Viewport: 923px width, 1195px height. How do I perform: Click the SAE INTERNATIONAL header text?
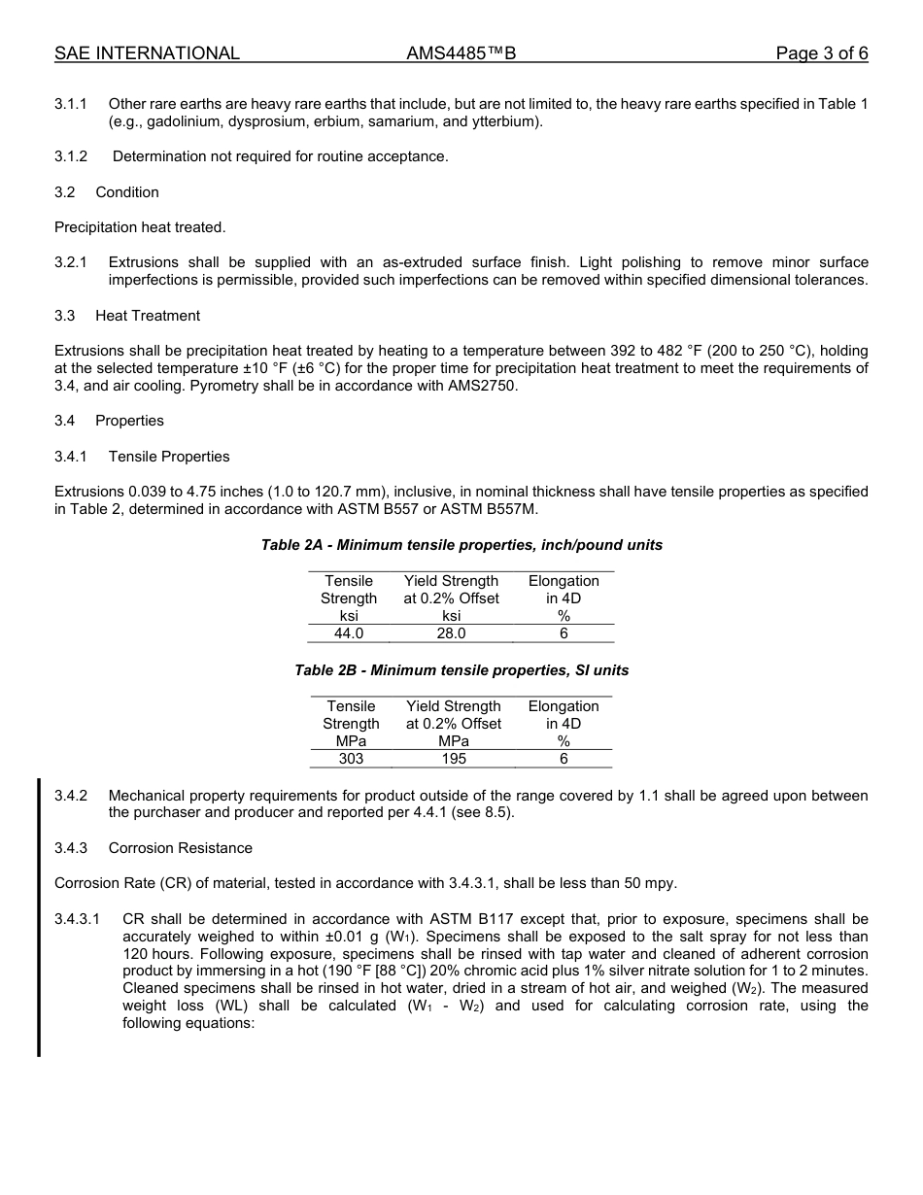click(147, 53)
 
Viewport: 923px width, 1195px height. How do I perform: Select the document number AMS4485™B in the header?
click(461, 53)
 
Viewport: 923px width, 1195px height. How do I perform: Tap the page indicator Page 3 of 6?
click(821, 53)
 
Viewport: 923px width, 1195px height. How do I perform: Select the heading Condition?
click(127, 192)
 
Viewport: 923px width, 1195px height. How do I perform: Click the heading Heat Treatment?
click(148, 316)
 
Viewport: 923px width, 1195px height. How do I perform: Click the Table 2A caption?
click(461, 545)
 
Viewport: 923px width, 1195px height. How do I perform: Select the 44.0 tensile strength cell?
click(349, 633)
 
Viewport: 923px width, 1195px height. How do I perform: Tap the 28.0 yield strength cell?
click(451, 633)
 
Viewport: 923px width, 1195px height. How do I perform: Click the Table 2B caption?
click(461, 670)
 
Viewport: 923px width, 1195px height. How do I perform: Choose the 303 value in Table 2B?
click(351, 759)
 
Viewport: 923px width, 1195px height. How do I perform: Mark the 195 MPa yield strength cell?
click(454, 759)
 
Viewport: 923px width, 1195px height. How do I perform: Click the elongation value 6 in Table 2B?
click(564, 759)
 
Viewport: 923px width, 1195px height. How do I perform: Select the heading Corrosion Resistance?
click(180, 848)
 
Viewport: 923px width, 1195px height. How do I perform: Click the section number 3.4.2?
click(71, 796)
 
